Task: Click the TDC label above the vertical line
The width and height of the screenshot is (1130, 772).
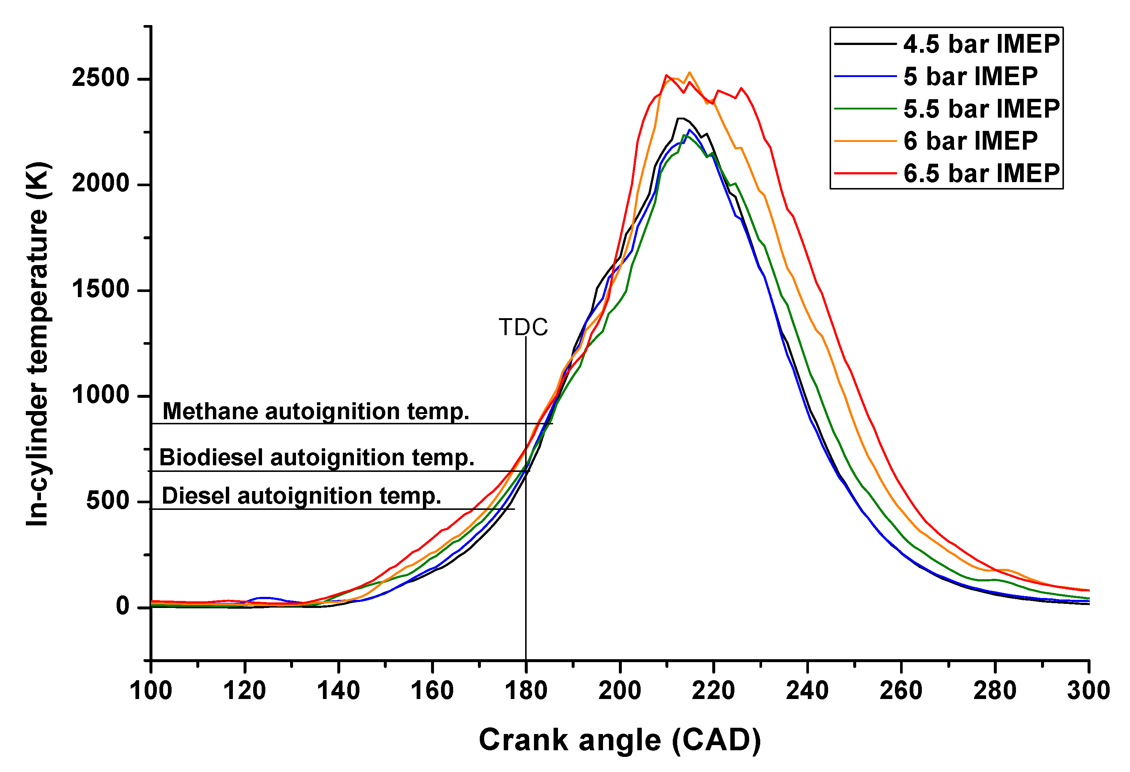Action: (523, 327)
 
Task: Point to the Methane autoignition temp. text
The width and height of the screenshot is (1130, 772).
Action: (316, 411)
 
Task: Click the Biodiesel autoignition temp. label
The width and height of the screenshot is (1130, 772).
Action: (317, 458)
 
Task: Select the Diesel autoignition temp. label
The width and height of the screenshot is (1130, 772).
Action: (301, 496)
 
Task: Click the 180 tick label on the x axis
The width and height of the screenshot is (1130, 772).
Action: (526, 691)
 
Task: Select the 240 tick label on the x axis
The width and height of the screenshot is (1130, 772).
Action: (807, 691)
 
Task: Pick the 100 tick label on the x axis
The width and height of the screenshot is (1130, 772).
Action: (151, 691)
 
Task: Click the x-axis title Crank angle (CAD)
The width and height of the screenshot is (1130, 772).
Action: (620, 740)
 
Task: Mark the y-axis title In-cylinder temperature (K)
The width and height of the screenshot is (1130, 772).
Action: (37, 344)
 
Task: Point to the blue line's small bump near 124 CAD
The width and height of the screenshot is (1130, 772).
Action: (262, 598)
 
